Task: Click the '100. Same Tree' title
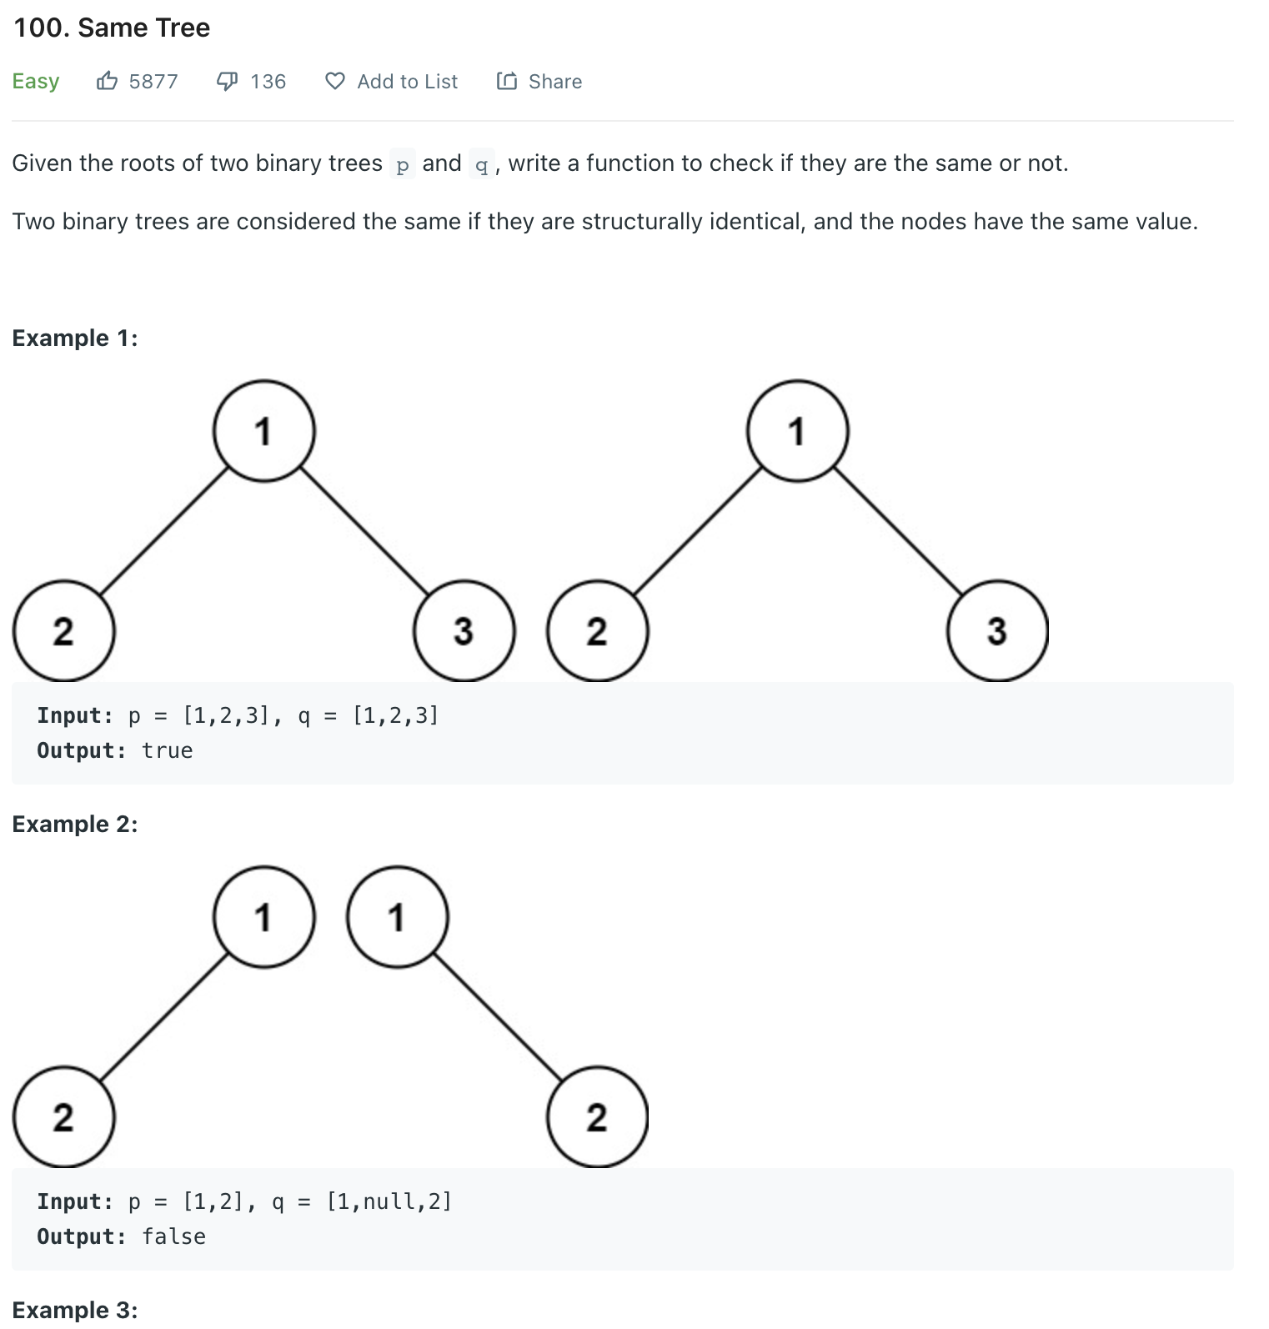pos(112,28)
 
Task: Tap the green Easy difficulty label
pos(36,81)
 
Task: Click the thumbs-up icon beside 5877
pos(107,81)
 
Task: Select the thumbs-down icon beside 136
pos(227,81)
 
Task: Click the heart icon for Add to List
pos(334,81)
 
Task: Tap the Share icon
pos(506,81)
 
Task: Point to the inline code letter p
pos(403,164)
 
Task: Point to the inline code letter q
pos(481,164)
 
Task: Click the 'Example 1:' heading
pos(75,338)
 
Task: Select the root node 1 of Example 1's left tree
pos(263,431)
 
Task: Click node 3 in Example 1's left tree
pos(464,631)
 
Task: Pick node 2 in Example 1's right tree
pos(597,631)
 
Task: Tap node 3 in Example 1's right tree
pos(997,631)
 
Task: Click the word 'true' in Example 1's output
pos(167,750)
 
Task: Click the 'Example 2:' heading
pos(75,824)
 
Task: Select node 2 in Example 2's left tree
pos(63,1117)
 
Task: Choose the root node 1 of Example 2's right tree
pos(397,917)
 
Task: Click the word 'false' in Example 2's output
pos(173,1236)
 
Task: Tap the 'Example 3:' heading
pos(75,1310)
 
